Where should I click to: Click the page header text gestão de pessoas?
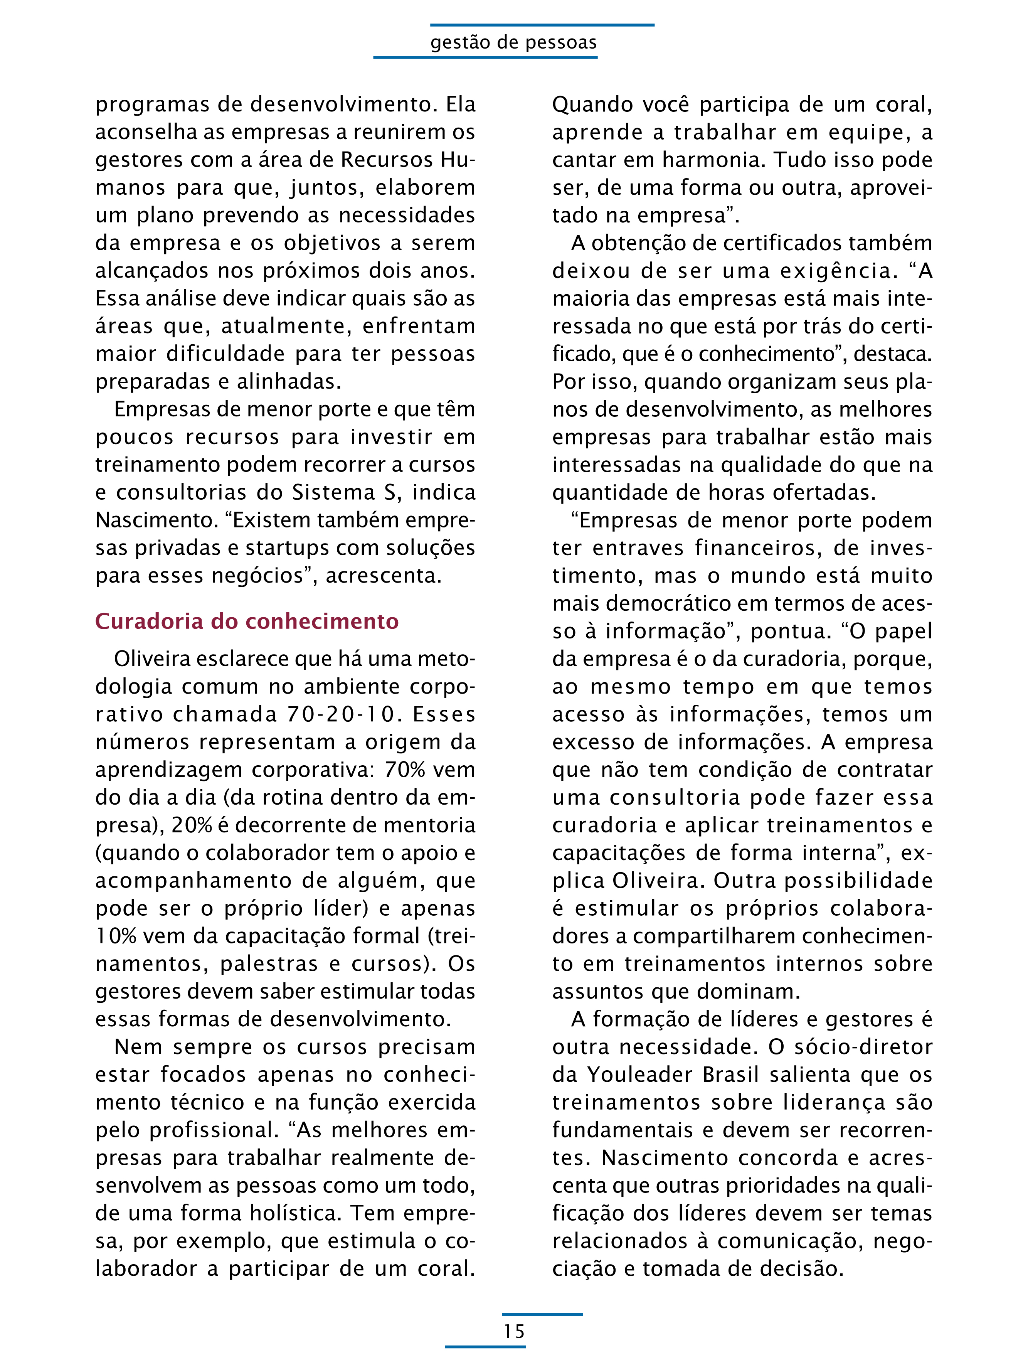point(514,42)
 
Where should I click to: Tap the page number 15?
point(514,1331)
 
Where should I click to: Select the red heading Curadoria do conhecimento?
point(247,621)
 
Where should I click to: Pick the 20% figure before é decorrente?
point(192,825)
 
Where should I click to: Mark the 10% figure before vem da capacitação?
point(116,936)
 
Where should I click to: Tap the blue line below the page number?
point(485,1346)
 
